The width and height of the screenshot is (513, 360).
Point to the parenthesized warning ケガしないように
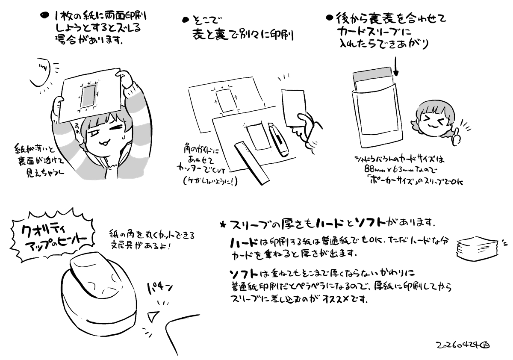[x=208, y=181]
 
